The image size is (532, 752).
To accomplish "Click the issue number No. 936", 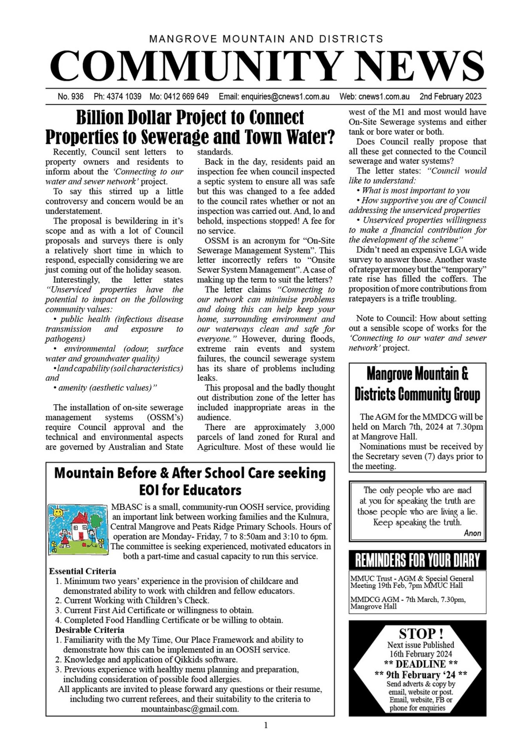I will point(71,96).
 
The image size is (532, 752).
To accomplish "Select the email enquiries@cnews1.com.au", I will point(285,96).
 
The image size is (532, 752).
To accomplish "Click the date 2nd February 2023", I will point(450,96).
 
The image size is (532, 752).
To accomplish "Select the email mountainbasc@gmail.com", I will point(190,709).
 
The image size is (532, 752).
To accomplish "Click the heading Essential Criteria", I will point(82,571).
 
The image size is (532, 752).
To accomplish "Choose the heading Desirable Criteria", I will point(89,630).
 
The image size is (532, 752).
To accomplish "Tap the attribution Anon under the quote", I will point(472,533).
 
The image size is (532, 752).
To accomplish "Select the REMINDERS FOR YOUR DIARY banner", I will point(417,560).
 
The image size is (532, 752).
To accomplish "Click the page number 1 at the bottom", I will point(266,725).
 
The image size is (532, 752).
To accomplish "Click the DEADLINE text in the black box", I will point(420,664).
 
